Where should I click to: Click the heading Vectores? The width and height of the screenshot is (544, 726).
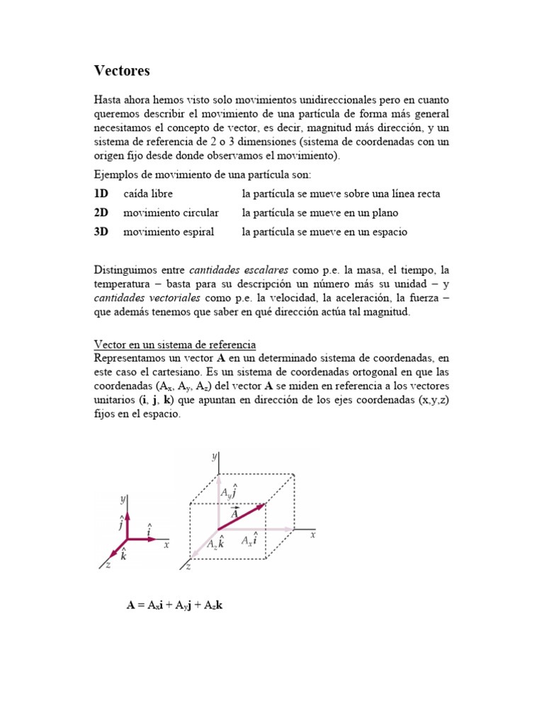coord(122,71)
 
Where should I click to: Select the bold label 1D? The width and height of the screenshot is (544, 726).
coord(101,194)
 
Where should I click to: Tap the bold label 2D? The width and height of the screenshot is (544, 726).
coord(101,213)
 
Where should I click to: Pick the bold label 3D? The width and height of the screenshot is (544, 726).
coord(101,232)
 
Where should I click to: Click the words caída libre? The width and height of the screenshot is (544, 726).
coord(148,194)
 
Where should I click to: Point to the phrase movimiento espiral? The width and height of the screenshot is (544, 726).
coord(169,232)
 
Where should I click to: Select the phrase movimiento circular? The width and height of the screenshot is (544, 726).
coord(171,213)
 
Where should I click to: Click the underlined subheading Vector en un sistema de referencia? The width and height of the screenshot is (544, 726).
coord(175,345)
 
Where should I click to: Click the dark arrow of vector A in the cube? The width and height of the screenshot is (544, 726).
coord(241,517)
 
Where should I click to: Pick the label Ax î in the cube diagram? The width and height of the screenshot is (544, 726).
coord(249,540)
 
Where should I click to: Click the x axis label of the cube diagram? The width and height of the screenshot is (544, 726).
coord(312,535)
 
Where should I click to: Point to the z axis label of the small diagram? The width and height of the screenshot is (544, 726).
coord(107,565)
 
